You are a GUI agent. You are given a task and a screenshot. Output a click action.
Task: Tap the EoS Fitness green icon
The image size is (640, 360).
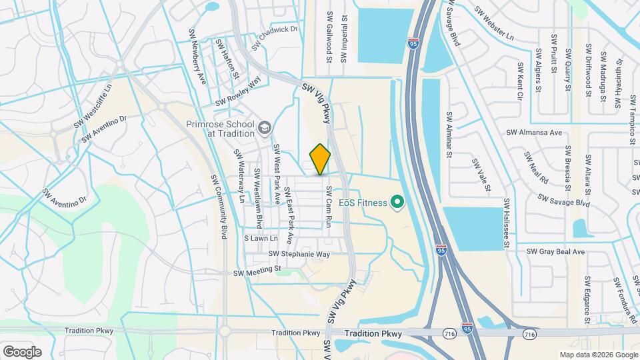coord(397,201)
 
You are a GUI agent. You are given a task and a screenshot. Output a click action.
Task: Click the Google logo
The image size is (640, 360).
coord(22,351)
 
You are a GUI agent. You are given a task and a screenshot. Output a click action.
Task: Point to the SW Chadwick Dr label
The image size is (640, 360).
coord(274,38)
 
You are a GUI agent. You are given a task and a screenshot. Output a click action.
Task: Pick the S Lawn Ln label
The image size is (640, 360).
coord(261,238)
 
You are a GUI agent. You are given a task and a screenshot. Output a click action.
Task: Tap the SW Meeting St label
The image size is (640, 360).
coord(259,272)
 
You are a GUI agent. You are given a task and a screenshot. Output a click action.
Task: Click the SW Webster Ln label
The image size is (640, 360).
coord(495,22)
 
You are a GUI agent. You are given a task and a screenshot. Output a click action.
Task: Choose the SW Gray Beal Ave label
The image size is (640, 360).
coord(555,251)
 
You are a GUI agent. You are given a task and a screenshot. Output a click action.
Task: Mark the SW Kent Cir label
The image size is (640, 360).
coord(520,81)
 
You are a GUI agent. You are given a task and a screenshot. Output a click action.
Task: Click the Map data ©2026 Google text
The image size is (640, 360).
coord(597,354)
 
